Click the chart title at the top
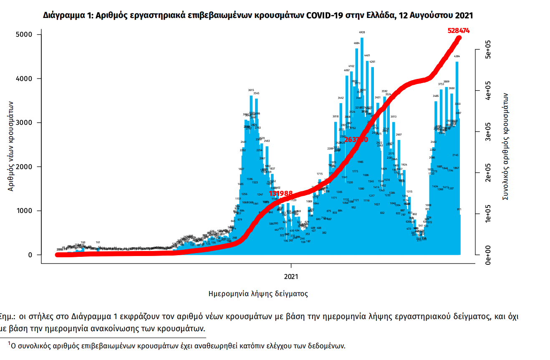pos(258,15)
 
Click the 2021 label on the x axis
pos(291,276)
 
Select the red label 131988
pos(281,193)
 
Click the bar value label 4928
pos(362,32)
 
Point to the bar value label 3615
pos(251,90)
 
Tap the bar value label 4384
pos(457,56)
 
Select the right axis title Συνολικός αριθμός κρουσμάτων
pos(505,146)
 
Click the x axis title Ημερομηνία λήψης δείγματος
pos(258,294)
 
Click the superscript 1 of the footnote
pos(9,343)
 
